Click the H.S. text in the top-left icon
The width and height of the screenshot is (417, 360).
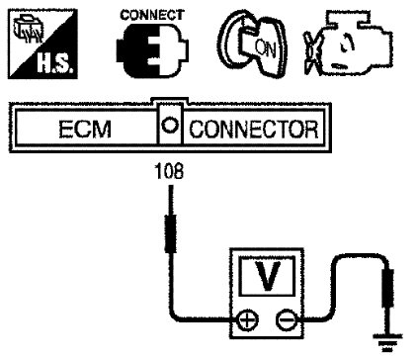(x=54, y=63)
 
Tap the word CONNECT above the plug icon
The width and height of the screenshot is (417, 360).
(x=152, y=15)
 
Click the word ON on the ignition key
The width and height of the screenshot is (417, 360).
(x=265, y=48)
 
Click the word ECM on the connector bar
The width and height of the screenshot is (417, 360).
(x=85, y=129)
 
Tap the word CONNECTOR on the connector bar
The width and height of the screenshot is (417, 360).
(x=254, y=129)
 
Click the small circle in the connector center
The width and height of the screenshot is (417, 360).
(x=170, y=126)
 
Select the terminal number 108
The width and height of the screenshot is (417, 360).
(x=169, y=171)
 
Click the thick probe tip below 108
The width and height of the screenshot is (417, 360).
(x=170, y=233)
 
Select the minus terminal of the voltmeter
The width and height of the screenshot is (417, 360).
(x=286, y=319)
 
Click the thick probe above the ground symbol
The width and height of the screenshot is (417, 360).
(x=387, y=288)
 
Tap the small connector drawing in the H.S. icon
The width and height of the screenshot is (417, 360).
(x=28, y=29)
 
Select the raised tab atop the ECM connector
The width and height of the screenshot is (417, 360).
(x=170, y=101)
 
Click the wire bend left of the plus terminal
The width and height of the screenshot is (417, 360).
(x=178, y=314)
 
